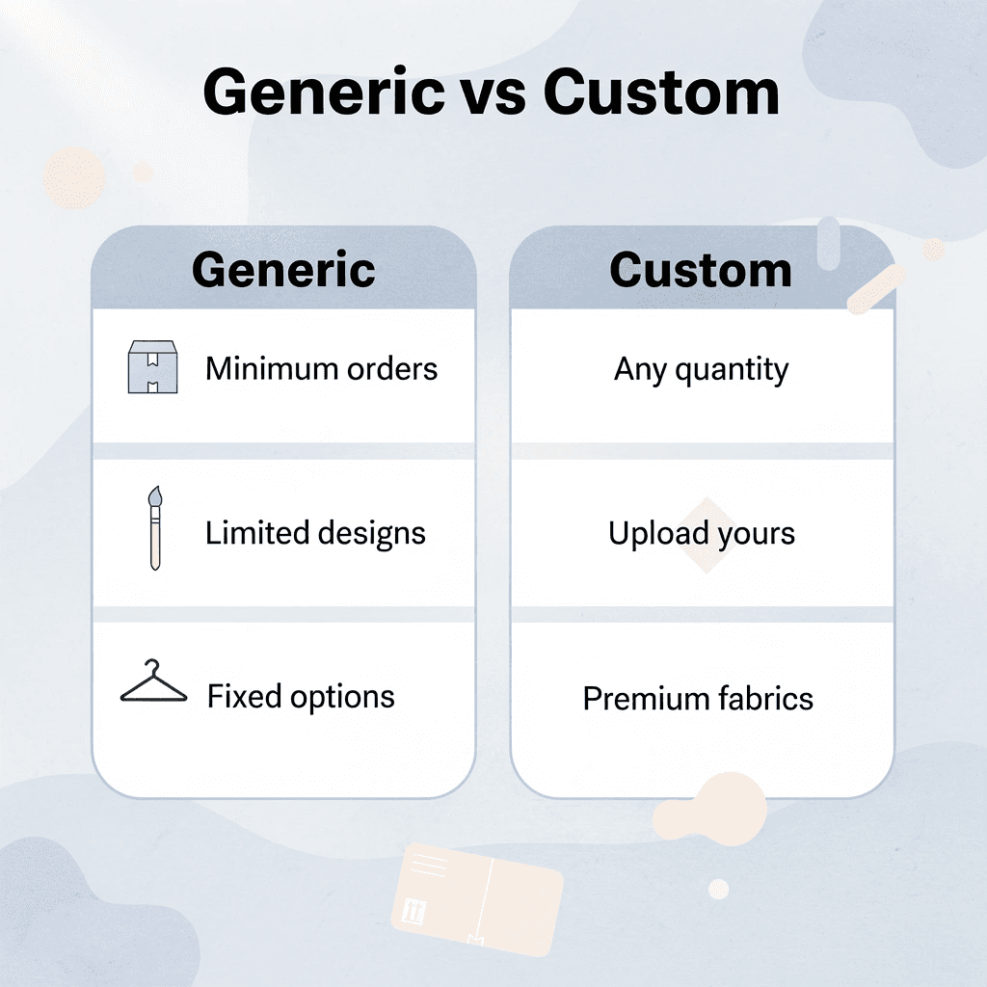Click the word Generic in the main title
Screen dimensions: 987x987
coord(324,93)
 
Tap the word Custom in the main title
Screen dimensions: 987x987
coord(661,93)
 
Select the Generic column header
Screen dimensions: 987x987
coord(283,269)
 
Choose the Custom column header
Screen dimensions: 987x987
coord(701,270)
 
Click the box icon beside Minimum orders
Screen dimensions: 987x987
coord(152,367)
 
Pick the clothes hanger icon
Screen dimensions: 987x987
coord(153,683)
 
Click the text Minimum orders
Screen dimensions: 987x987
coord(321,368)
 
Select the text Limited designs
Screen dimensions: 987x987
coord(315,533)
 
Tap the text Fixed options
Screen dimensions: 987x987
coord(301,696)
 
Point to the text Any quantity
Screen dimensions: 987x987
coord(701,369)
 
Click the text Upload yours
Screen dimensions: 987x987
coord(701,533)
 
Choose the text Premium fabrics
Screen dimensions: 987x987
coord(698,698)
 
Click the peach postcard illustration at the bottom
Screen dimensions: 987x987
coord(476,898)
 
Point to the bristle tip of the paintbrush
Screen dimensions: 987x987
coord(155,496)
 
